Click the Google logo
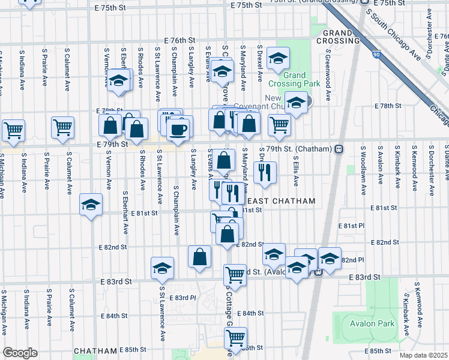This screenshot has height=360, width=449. [x=20, y=353]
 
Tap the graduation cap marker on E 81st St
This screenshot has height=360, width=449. [x=91, y=205]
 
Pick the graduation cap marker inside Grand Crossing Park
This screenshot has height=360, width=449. [x=278, y=58]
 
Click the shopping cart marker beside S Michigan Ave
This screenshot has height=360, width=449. [x=13, y=129]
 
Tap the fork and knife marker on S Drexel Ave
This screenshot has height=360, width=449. [x=264, y=172]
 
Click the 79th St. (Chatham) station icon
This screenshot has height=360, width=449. [x=339, y=148]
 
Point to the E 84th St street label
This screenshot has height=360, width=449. [x=250, y=313]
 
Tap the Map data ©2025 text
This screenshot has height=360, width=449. [x=423, y=355]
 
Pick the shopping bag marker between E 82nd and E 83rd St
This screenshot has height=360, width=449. [x=199, y=256]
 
